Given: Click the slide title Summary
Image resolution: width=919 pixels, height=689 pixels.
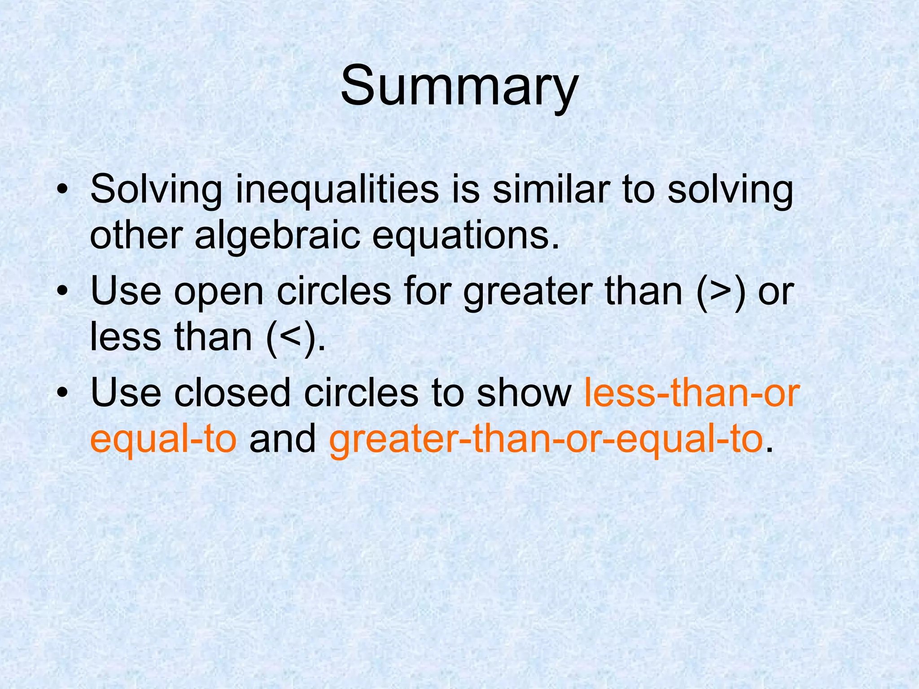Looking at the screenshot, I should coord(459,86).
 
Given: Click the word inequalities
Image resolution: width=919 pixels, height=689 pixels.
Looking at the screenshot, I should coord(337,189).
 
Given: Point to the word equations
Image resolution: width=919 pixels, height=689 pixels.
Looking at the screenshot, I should coord(466,237).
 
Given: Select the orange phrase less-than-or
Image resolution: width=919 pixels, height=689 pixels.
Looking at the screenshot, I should coord(691,392).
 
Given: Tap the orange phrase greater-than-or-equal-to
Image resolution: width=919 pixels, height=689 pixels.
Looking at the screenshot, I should coord(546,439).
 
